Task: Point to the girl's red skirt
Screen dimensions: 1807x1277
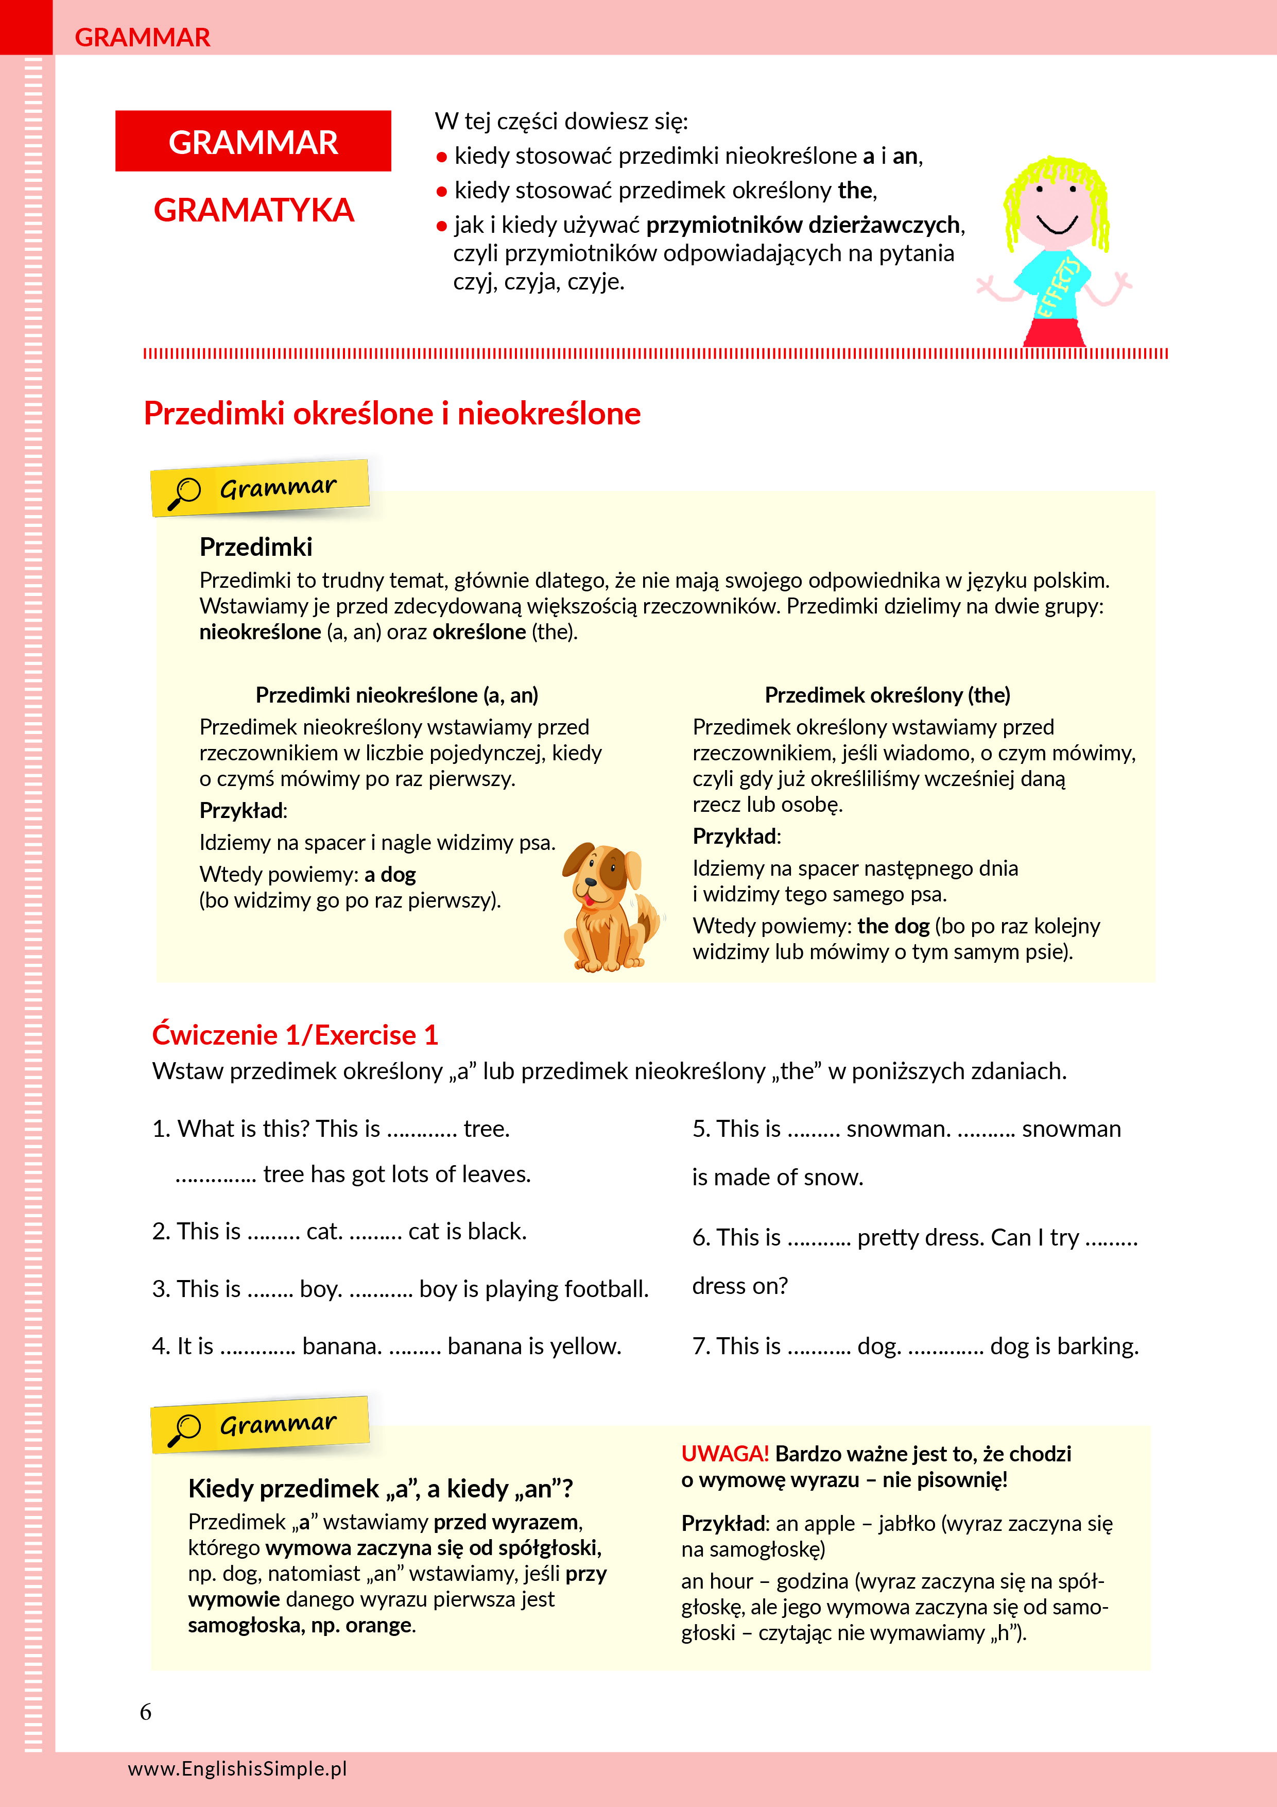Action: point(1055,332)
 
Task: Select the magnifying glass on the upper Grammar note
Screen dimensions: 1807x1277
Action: point(185,493)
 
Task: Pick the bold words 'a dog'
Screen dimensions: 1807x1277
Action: point(390,874)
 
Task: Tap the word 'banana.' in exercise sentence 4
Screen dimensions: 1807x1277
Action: point(342,1346)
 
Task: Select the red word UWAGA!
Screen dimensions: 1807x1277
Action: point(724,1454)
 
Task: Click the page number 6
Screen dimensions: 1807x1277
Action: point(146,1712)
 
